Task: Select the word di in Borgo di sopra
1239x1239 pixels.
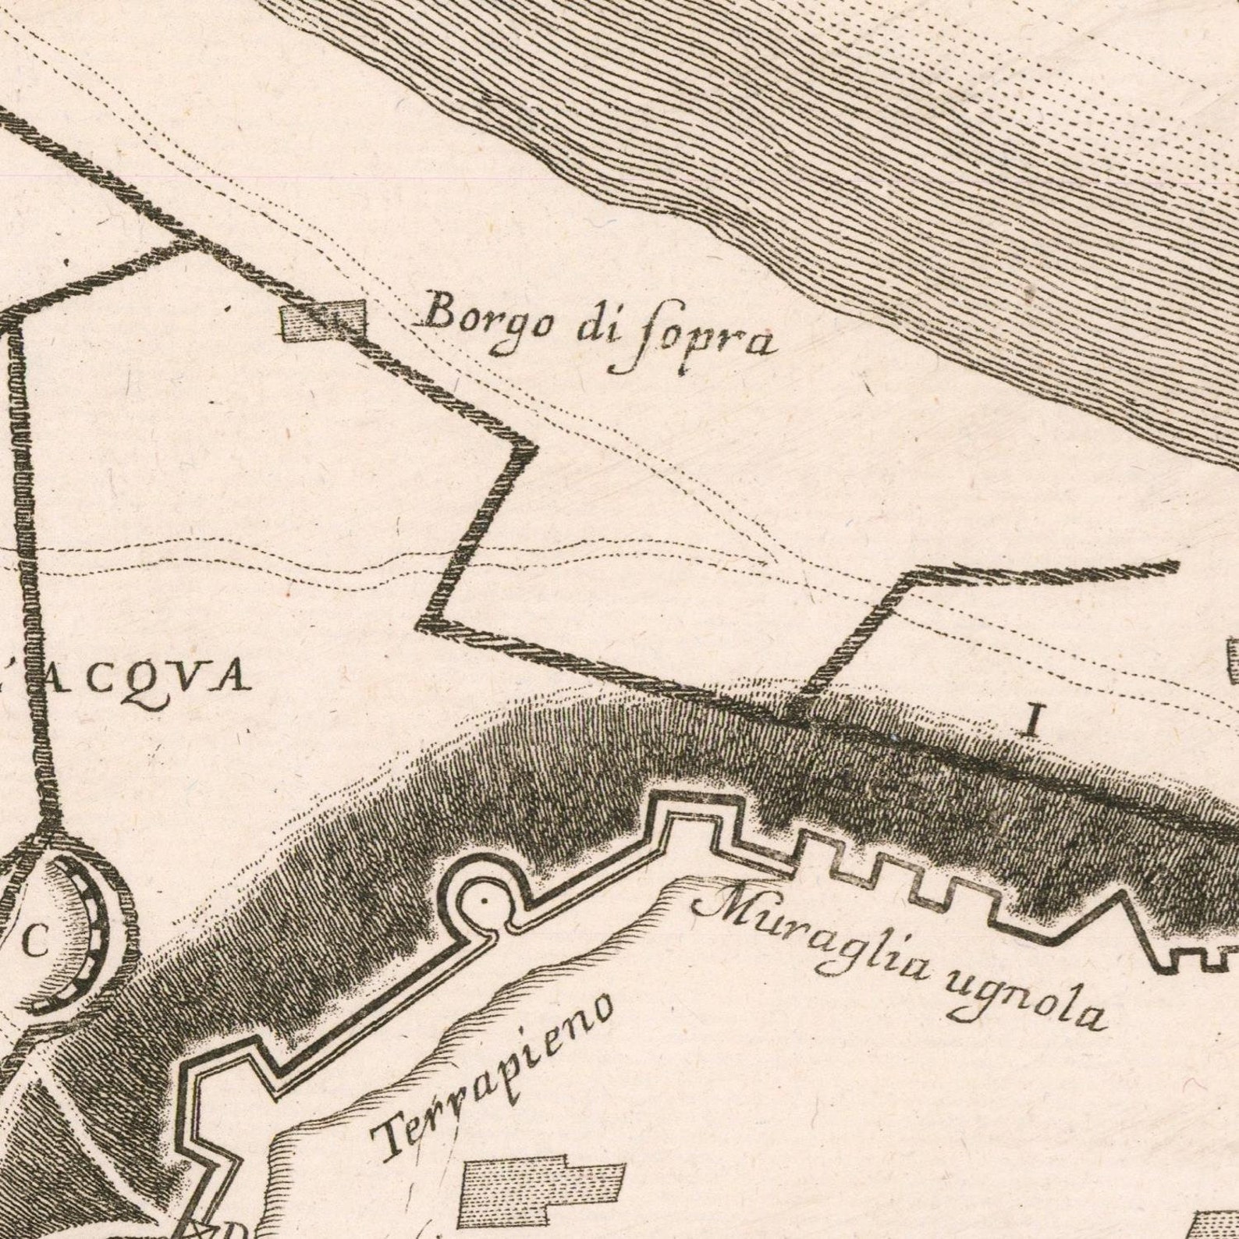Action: pyautogui.click(x=598, y=327)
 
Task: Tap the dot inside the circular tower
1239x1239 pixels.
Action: pyautogui.click(x=484, y=900)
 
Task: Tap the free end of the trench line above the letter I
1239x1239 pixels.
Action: pyautogui.click(x=1174, y=565)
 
